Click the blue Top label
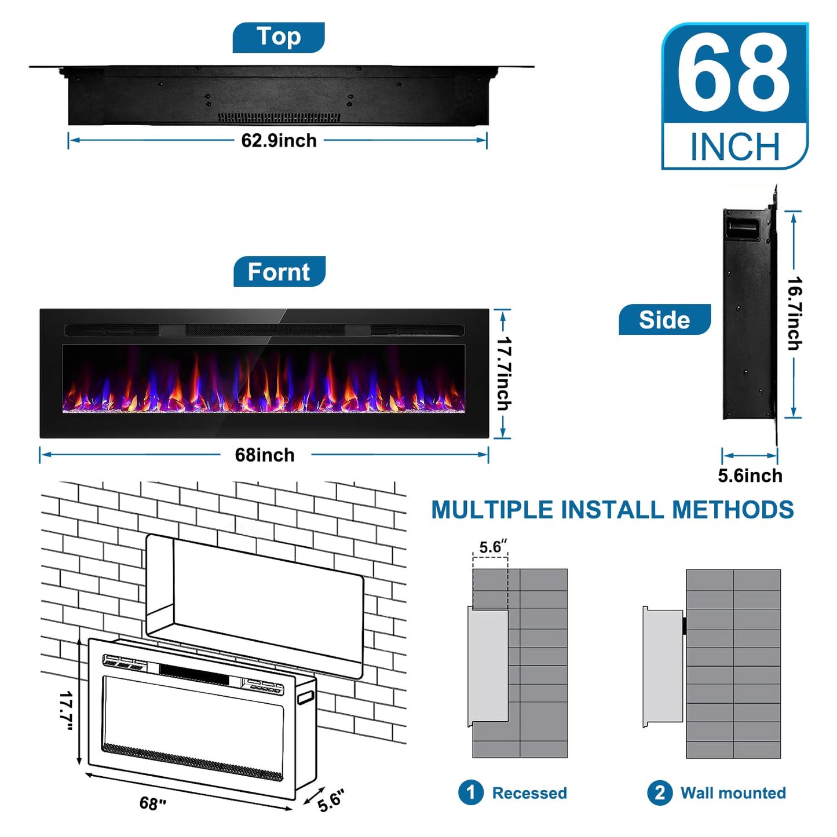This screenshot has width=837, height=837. pyautogui.click(x=279, y=37)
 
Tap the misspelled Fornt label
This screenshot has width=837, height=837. pyautogui.click(x=279, y=272)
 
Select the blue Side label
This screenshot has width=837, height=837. pyautogui.click(x=664, y=320)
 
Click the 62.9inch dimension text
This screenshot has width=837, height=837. pyautogui.click(x=279, y=141)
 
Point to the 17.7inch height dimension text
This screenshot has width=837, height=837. pyautogui.click(x=504, y=374)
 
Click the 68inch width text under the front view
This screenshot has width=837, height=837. pyautogui.click(x=265, y=455)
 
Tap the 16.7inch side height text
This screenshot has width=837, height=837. pyautogui.click(x=795, y=313)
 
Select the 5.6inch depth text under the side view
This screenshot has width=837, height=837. pyautogui.click(x=750, y=476)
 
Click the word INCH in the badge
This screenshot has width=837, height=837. pyautogui.click(x=735, y=147)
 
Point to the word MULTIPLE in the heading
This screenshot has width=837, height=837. pyautogui.click(x=492, y=510)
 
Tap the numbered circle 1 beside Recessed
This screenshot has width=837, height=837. pyautogui.click(x=470, y=792)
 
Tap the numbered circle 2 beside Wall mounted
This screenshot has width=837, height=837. pyautogui.click(x=660, y=792)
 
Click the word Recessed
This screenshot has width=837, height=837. pyautogui.click(x=529, y=793)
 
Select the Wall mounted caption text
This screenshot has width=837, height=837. pyautogui.click(x=733, y=793)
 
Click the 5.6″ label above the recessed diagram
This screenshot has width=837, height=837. pyautogui.click(x=492, y=547)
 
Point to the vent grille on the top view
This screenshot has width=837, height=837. pyautogui.click(x=279, y=117)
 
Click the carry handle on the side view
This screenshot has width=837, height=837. pyautogui.click(x=741, y=228)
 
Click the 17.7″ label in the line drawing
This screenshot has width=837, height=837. pyautogui.click(x=66, y=710)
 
